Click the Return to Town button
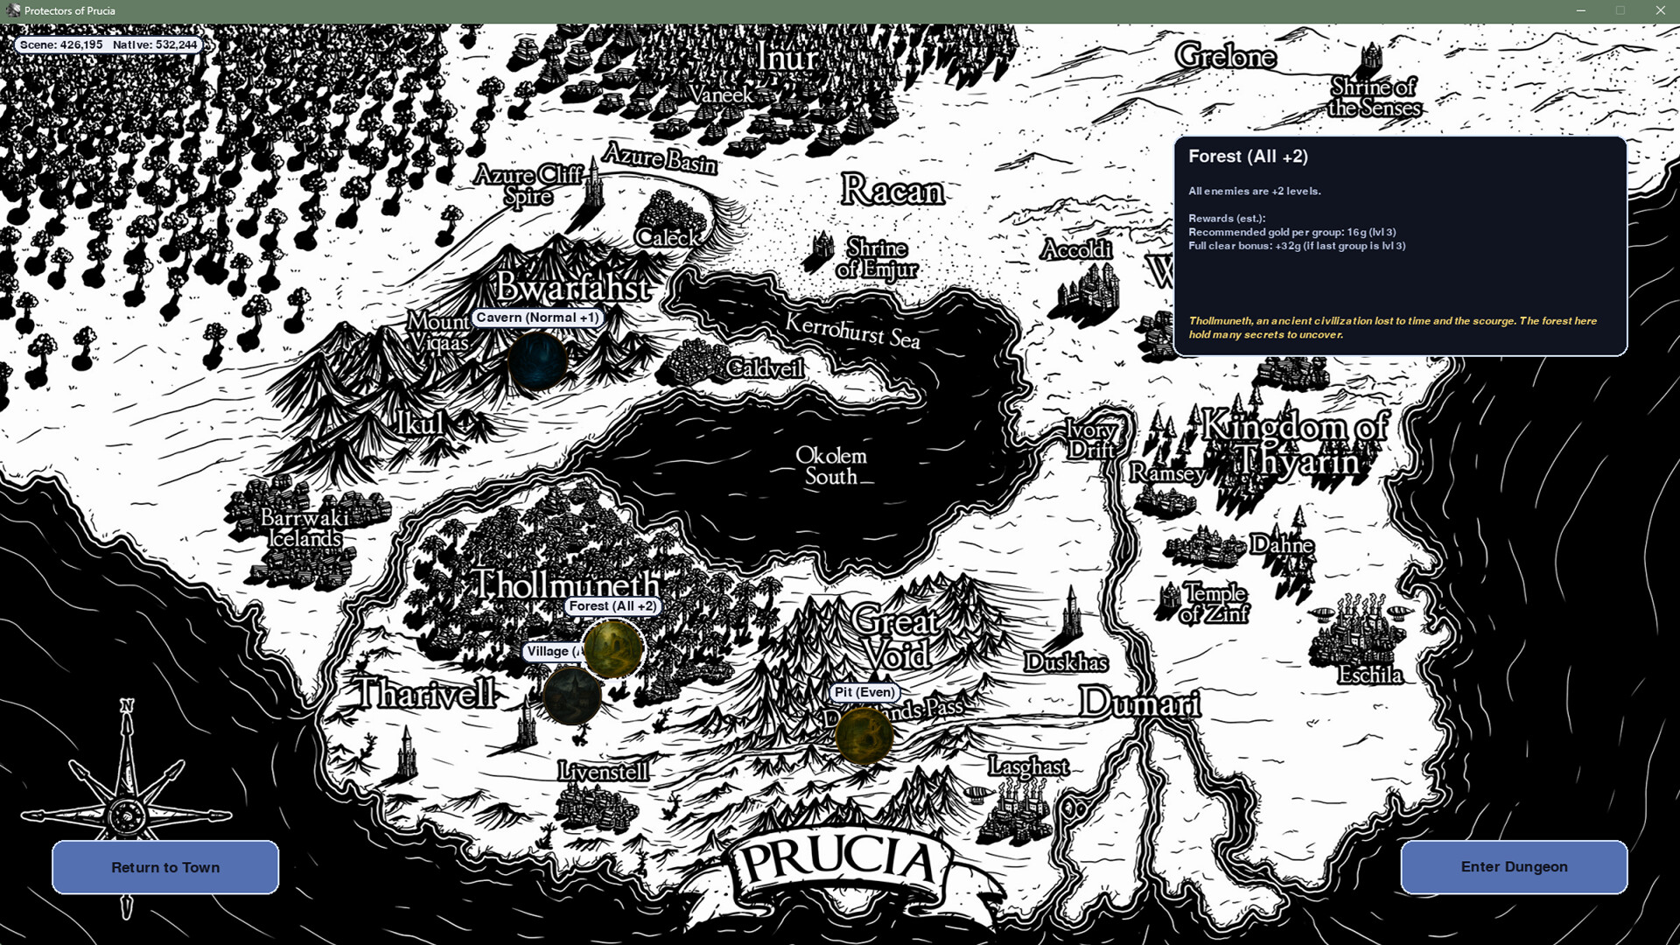[x=165, y=867]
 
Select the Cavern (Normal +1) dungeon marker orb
[x=537, y=360]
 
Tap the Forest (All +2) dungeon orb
[x=613, y=648]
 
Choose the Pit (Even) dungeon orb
[x=864, y=735]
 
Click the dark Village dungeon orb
[x=571, y=696]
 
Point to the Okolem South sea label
[x=831, y=465]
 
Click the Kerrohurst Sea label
[x=852, y=330]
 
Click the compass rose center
[x=128, y=816]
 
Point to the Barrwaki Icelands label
[x=304, y=528]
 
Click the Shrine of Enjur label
[x=877, y=258]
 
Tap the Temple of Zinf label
[x=1214, y=603]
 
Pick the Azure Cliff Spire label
[x=528, y=185]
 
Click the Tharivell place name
[x=425, y=693]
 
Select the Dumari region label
[x=1139, y=703]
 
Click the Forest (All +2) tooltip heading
[x=1248, y=157]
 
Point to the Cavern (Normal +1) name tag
[x=537, y=318]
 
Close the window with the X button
[x=1660, y=10]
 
